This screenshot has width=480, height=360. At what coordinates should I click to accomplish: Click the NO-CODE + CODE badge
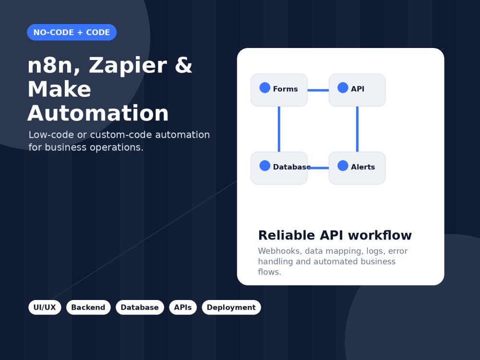point(72,32)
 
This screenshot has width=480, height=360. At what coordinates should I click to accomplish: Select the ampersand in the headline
point(183,65)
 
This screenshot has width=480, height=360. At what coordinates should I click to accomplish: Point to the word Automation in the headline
point(98,113)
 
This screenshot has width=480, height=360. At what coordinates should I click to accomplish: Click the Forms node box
point(279,90)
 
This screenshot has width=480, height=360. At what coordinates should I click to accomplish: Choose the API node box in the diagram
point(357,90)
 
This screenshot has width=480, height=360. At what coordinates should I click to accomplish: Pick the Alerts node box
point(357,168)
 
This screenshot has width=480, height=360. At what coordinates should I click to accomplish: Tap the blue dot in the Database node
point(265,166)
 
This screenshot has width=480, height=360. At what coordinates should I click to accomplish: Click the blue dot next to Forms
point(265,87)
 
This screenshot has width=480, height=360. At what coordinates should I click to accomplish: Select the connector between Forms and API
point(318,90)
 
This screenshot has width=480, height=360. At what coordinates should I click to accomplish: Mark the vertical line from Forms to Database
point(279,129)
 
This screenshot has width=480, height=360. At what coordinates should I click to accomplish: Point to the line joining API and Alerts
point(357,129)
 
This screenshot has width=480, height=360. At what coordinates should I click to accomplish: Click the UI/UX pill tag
point(45,307)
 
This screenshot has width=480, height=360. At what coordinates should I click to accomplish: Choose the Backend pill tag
point(88,307)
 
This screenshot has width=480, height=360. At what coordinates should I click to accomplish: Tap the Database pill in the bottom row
point(140,307)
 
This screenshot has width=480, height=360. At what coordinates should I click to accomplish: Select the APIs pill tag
point(183,307)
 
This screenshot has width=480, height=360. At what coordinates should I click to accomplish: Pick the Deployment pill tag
point(231,307)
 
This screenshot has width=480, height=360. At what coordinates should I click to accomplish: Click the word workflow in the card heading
point(380,235)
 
